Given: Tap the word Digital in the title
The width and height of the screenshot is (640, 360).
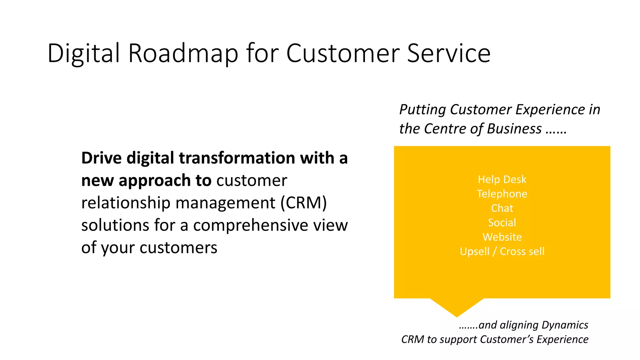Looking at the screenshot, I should [x=84, y=53].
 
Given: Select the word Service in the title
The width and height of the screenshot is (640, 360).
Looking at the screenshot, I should [x=449, y=53].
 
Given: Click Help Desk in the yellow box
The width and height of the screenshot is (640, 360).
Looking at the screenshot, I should [x=502, y=179].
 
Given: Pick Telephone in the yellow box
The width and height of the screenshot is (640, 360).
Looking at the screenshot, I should [x=502, y=194].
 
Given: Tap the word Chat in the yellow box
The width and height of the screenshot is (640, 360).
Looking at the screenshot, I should [x=502, y=208].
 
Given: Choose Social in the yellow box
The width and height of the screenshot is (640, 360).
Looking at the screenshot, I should [x=502, y=222].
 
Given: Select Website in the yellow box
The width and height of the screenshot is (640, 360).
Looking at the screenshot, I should [x=502, y=237].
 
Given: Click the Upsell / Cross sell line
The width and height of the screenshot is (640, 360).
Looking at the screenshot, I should [x=502, y=251].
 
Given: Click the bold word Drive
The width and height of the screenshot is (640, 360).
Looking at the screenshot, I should [x=101, y=158].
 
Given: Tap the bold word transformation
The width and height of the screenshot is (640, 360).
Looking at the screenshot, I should [x=237, y=158].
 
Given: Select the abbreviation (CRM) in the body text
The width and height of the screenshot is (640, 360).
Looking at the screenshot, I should [x=303, y=202].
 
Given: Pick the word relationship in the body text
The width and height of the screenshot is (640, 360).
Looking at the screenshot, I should [x=126, y=202].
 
